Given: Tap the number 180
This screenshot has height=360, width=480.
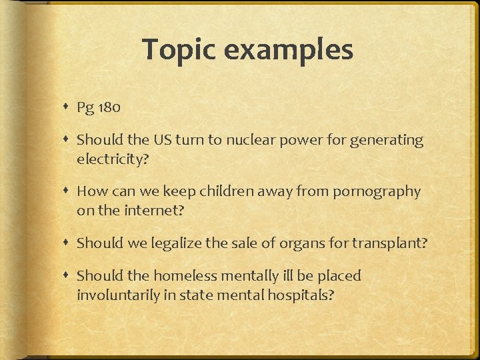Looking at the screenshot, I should tap(108, 107).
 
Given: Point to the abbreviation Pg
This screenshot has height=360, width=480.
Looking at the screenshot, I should tap(85, 108).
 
